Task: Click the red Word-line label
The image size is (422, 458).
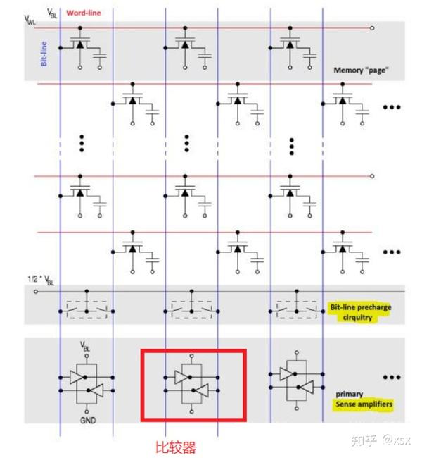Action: point(84,13)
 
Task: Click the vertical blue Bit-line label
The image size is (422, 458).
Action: point(44,54)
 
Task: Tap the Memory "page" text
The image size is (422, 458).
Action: point(361,70)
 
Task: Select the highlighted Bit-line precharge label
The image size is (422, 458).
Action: point(361,312)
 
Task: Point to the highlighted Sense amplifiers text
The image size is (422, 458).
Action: point(364,404)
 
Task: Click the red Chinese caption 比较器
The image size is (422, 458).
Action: point(176,447)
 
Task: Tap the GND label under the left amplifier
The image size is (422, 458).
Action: point(88,421)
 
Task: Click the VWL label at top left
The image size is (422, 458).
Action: point(30,20)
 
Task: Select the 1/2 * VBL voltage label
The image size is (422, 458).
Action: point(41,280)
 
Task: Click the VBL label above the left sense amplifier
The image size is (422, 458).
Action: point(85,346)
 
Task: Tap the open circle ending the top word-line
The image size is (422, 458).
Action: point(372,28)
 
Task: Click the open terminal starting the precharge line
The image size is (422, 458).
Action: point(36,292)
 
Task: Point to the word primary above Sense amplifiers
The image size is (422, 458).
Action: point(350,395)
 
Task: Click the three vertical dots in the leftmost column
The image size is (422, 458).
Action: point(82,144)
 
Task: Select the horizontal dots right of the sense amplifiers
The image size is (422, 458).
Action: point(392,378)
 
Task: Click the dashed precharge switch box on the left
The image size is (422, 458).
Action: point(87,309)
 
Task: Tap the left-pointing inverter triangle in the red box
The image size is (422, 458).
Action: point(202,390)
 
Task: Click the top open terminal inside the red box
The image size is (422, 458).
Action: point(191,356)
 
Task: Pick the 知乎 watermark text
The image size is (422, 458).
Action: point(364,440)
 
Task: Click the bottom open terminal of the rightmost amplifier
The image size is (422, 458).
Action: point(297,409)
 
